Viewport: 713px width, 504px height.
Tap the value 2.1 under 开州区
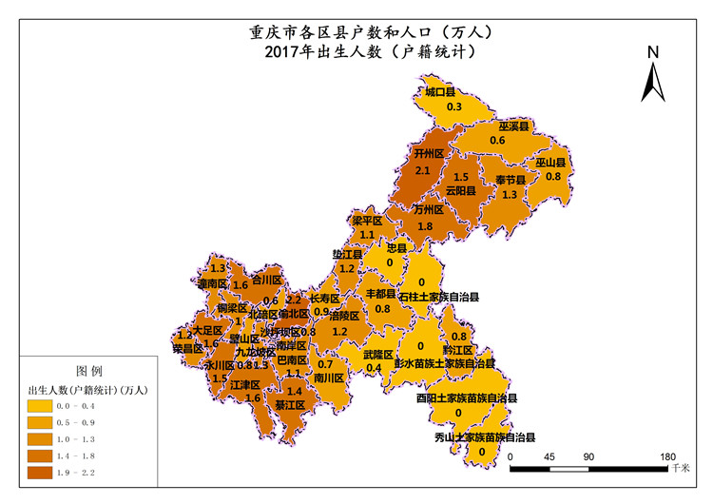(x=423, y=169)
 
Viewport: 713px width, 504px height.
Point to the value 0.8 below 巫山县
(x=552, y=176)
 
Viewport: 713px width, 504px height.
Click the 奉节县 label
(x=510, y=180)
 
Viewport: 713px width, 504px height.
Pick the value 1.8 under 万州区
(x=426, y=225)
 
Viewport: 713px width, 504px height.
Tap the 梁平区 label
(x=367, y=221)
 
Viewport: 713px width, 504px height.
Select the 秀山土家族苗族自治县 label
(x=485, y=437)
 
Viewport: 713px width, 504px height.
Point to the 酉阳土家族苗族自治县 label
(x=466, y=398)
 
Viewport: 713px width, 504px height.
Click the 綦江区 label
(x=289, y=405)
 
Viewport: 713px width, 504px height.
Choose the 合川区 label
(x=265, y=281)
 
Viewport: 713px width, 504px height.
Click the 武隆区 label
(x=378, y=354)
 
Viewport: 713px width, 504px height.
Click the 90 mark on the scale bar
(x=588, y=456)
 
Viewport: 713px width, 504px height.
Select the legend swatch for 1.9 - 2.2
(x=43, y=472)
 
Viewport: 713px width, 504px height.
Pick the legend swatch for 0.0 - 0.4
(x=43, y=407)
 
